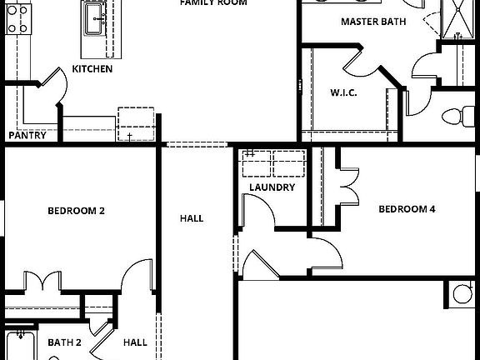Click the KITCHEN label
pyautogui.click(x=92, y=69)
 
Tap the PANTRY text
pyautogui.click(x=27, y=135)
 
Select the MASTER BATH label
pyautogui.click(x=373, y=22)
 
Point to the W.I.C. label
pyautogui.click(x=343, y=92)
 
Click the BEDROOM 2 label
pyautogui.click(x=76, y=211)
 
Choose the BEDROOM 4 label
pyautogui.click(x=407, y=209)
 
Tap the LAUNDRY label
pyautogui.click(x=272, y=187)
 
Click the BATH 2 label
pyautogui.click(x=64, y=342)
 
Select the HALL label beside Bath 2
pyautogui.click(x=135, y=342)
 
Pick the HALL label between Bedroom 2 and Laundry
pyautogui.click(x=192, y=218)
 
